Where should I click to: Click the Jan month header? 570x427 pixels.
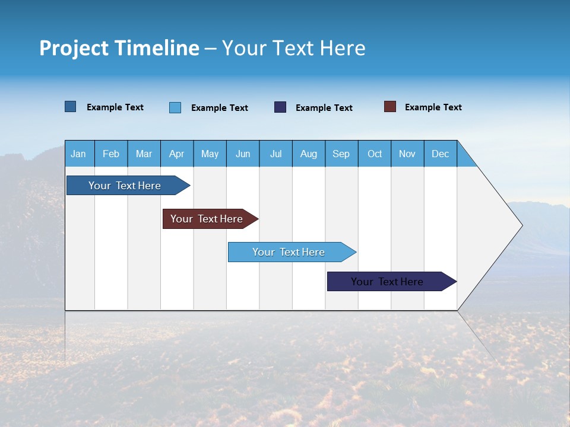79,154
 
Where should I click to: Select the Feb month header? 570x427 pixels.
111,154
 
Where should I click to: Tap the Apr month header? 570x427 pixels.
177,154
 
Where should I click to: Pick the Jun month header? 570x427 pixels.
243,154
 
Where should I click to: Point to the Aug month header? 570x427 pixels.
309,154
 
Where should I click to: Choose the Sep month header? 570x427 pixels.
341,154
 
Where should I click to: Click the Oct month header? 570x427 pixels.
375,154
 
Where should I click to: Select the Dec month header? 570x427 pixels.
441,154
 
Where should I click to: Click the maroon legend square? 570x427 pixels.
390,107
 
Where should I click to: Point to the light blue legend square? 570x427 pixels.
175,107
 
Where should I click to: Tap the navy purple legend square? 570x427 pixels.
280,107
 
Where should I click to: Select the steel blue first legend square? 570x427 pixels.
71,107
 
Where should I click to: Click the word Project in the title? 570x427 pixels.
74,48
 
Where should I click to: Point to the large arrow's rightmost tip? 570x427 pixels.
521,225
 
